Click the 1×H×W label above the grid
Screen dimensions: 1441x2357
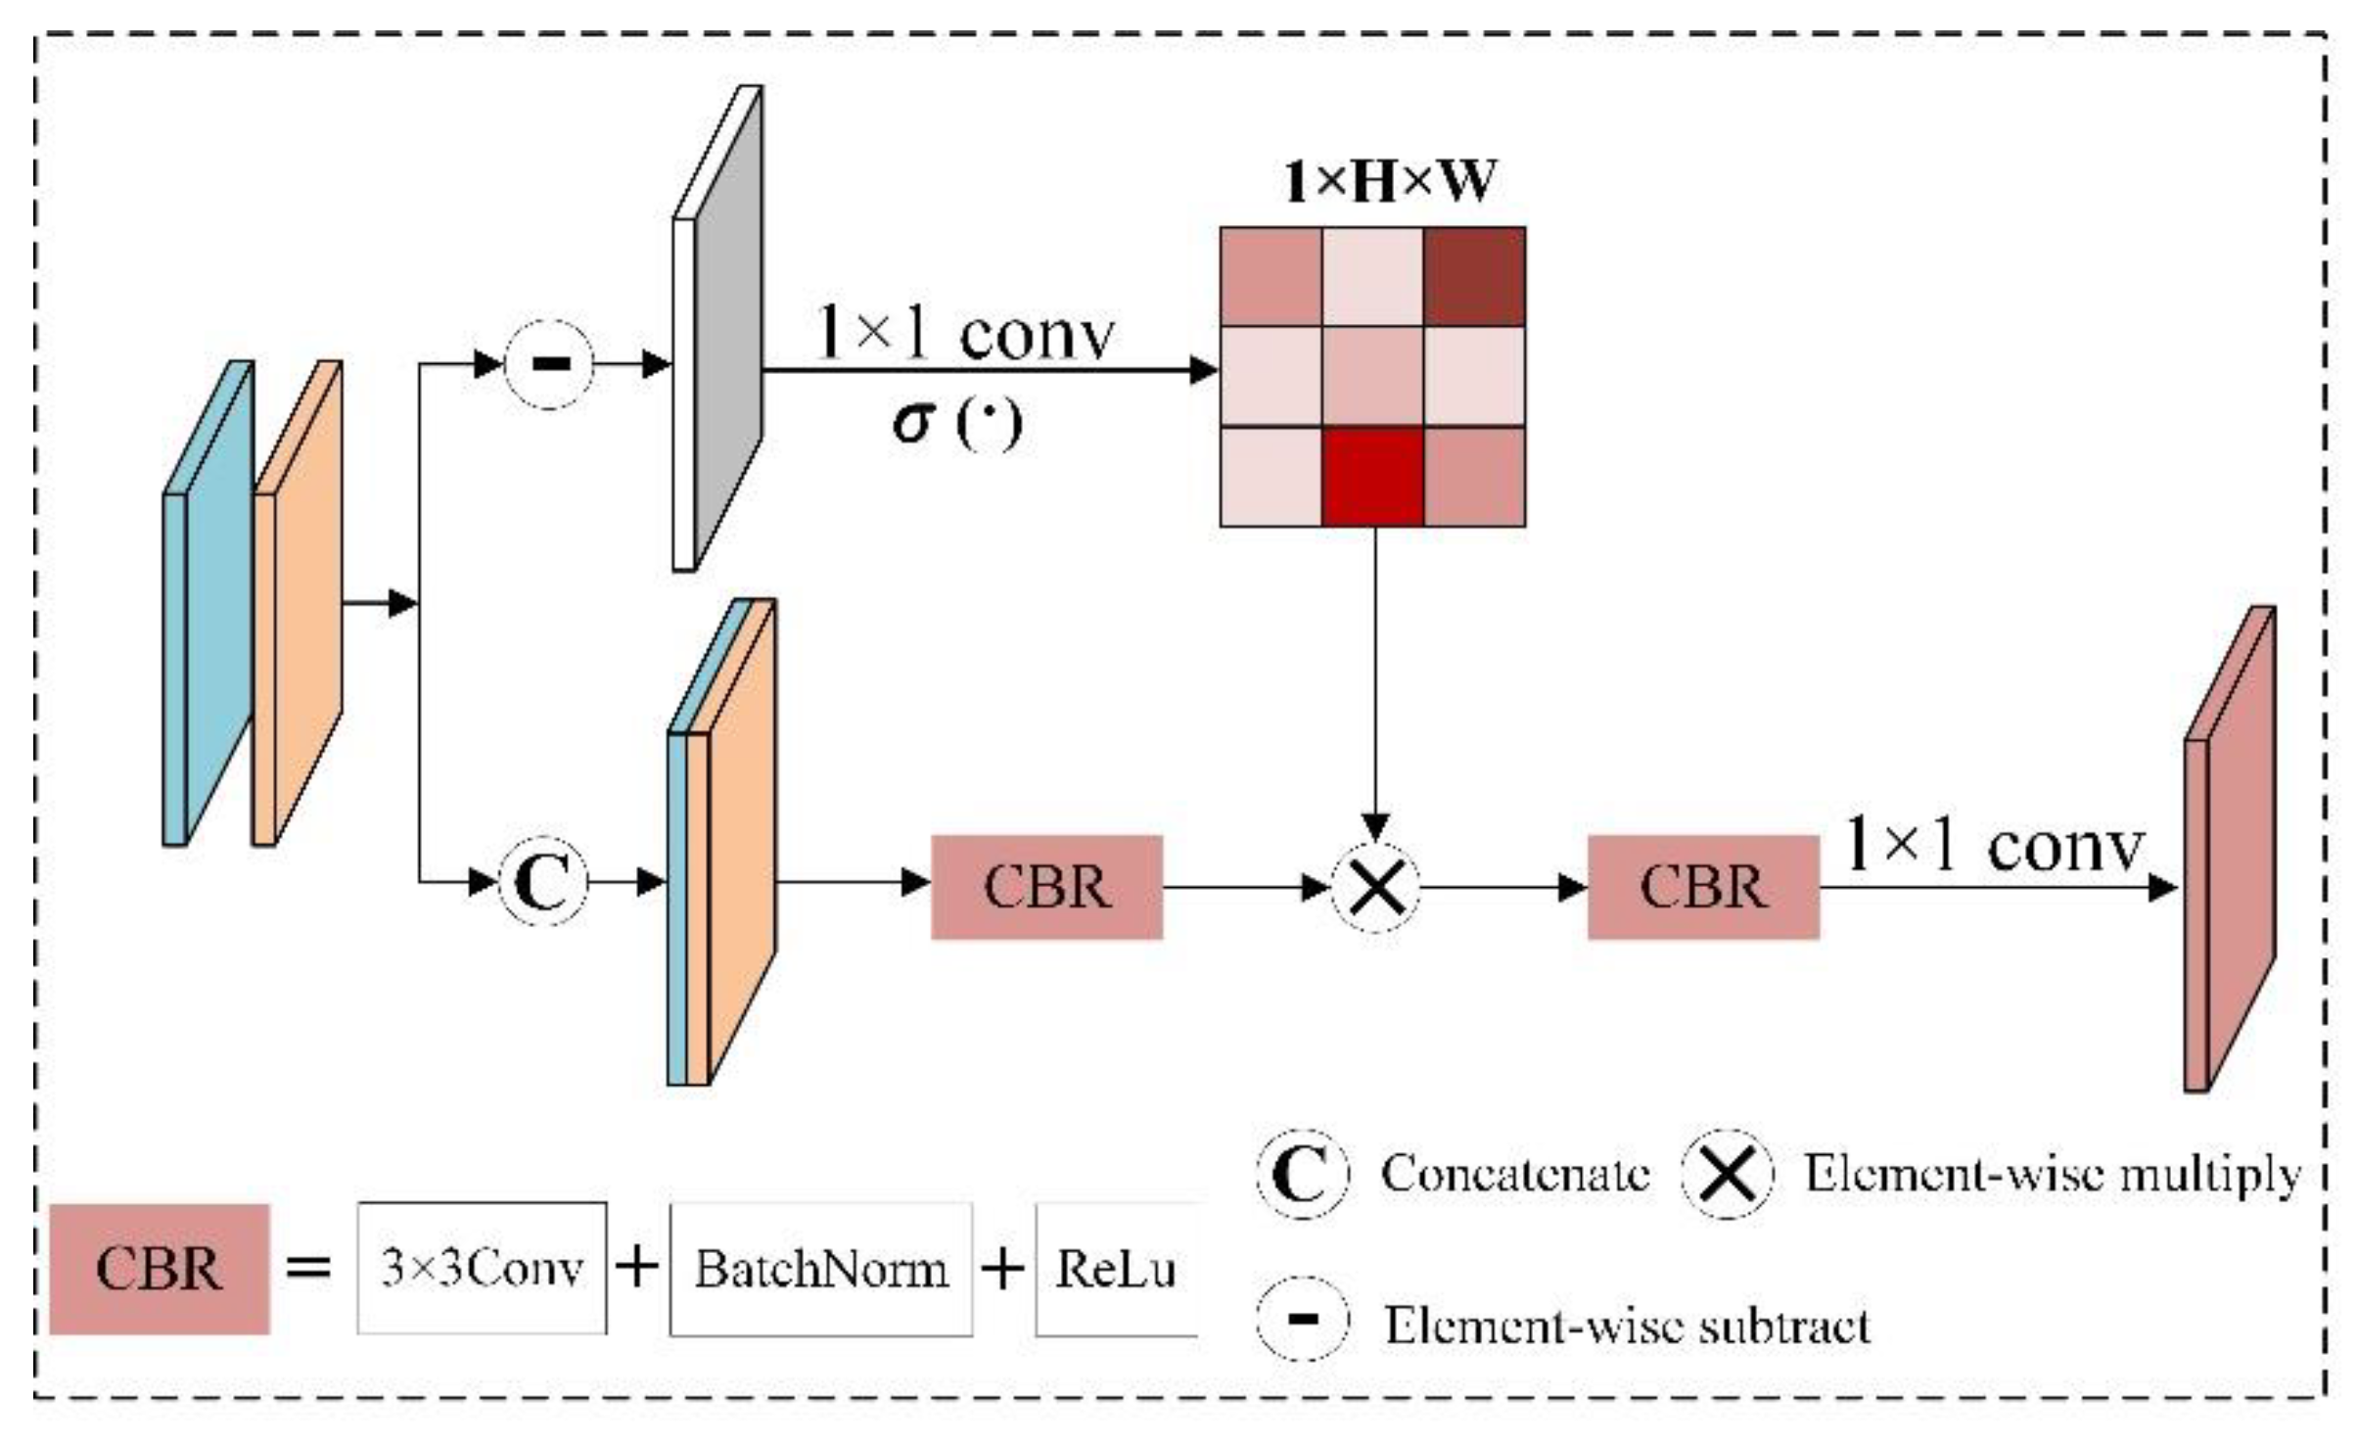point(1390,181)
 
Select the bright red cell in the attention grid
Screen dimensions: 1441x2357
point(1372,478)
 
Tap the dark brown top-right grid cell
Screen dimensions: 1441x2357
point(1474,276)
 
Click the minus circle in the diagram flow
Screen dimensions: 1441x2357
point(549,364)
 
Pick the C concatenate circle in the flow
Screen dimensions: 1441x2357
point(544,882)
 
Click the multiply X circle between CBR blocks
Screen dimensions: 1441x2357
point(1375,888)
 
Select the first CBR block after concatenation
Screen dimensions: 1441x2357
point(1046,888)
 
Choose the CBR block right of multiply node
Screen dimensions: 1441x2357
point(1703,888)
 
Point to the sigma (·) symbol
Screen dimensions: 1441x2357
point(957,423)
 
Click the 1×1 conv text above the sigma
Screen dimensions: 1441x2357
point(964,335)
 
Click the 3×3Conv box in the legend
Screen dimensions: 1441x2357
point(482,1269)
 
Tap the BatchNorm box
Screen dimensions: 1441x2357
point(821,1270)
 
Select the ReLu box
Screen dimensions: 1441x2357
point(1116,1270)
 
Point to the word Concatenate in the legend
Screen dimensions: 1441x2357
point(1515,1174)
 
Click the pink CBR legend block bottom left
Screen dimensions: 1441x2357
point(160,1270)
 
